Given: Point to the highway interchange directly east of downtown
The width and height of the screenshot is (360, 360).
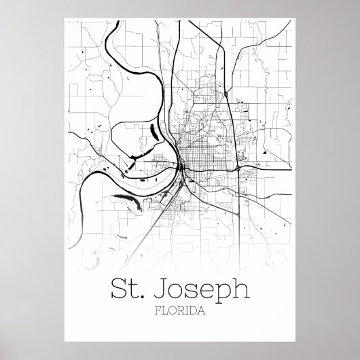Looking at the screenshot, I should click(236, 165).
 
